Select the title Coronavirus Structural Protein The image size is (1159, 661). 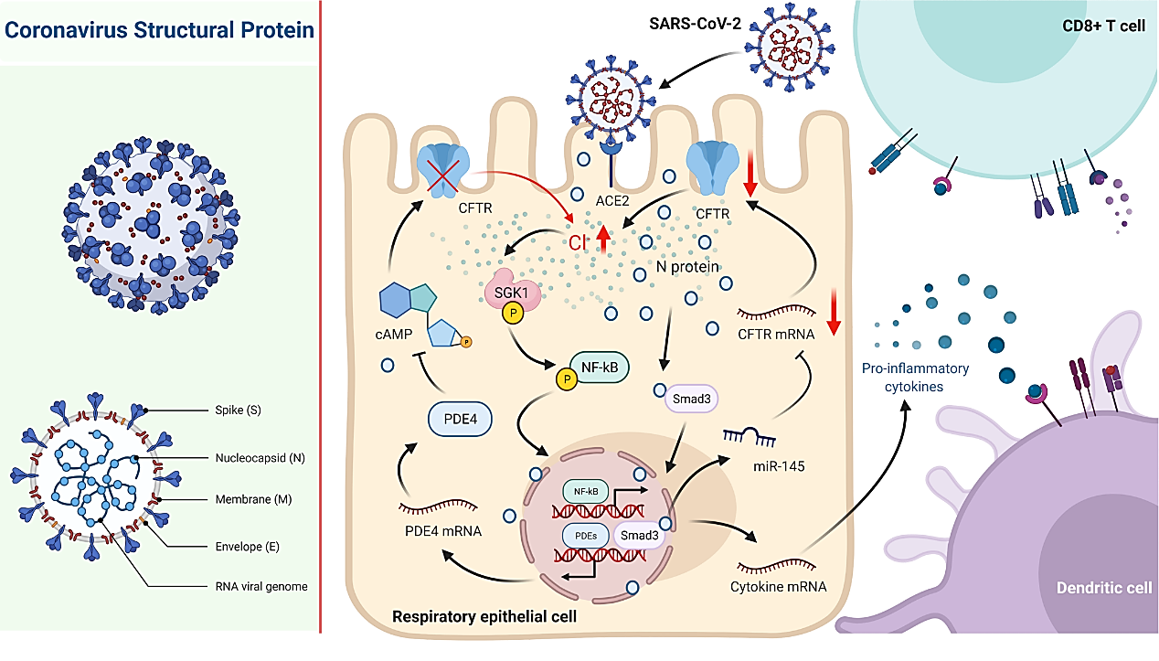160,30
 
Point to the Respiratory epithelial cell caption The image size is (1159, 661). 484,616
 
